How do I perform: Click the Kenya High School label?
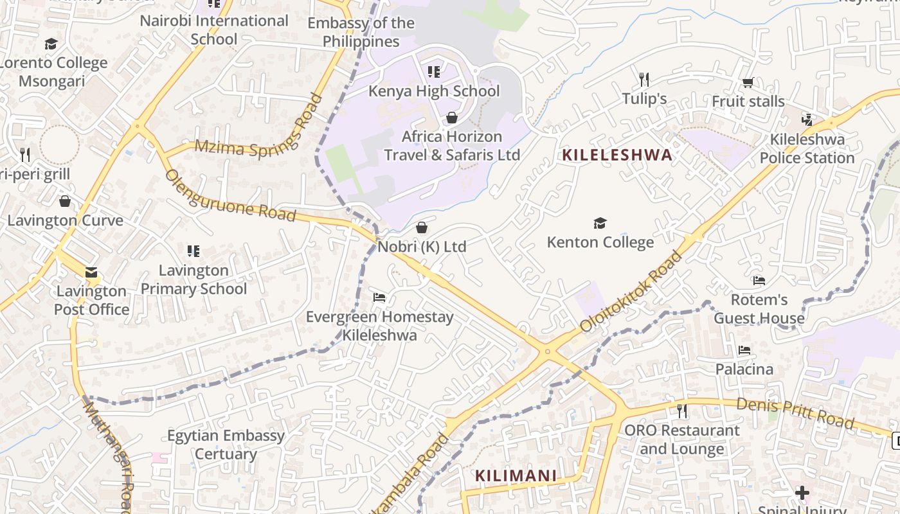point(434,91)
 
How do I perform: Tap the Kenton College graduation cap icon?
point(600,223)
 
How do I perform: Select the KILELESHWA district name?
point(617,155)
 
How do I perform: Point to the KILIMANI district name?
point(516,476)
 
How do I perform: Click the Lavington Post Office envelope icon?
point(91,272)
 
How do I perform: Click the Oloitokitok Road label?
point(631,292)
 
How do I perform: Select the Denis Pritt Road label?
point(795,413)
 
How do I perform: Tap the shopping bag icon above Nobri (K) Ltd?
point(422,227)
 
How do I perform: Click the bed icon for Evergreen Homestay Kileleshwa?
point(379,297)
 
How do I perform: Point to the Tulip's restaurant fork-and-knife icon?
point(644,80)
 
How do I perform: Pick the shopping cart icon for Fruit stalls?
point(748,82)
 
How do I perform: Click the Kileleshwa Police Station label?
point(807,148)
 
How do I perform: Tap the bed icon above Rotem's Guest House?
point(759,281)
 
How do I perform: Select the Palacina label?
point(744,369)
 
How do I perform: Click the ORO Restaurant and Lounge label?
point(682,439)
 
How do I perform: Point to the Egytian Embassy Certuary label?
point(226,445)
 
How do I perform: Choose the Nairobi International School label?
point(214,30)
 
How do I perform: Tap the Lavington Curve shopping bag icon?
point(65,202)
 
